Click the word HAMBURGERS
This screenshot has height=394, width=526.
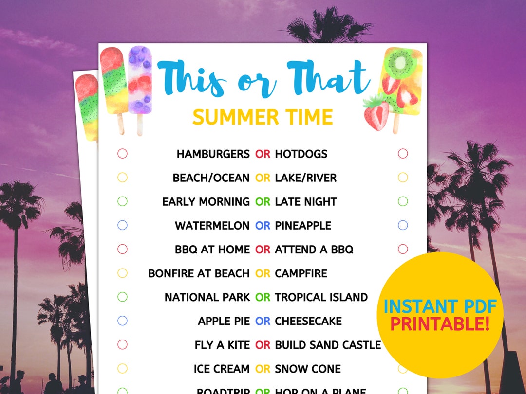(213, 154)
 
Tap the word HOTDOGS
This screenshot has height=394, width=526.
(301, 154)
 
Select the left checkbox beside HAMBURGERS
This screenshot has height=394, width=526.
(122, 154)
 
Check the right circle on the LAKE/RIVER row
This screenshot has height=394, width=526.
(403, 178)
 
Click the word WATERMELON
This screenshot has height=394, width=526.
(212, 226)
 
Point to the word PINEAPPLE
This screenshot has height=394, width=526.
(303, 226)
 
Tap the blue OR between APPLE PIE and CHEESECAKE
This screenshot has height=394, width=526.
(263, 321)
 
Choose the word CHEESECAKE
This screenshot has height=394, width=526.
(308, 321)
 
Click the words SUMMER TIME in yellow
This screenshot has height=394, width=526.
(263, 117)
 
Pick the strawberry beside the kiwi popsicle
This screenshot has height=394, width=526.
(376, 113)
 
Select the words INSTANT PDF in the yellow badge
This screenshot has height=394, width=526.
(440, 306)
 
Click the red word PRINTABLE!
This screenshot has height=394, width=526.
(440, 324)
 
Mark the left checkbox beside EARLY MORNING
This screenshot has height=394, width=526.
(122, 201)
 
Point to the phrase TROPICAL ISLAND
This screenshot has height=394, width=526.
(321, 297)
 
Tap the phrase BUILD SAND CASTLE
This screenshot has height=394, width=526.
(328, 345)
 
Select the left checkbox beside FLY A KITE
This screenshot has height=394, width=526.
(122, 345)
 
